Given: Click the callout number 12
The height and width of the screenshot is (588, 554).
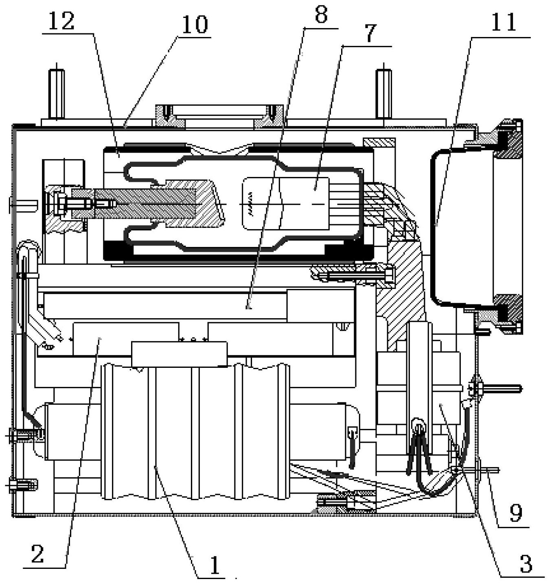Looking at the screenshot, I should point(62,21).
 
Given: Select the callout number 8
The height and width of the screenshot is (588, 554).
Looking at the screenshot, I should point(321,15).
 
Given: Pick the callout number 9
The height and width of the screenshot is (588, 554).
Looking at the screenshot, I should point(515,514).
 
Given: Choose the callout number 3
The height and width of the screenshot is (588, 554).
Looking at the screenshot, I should point(526,564).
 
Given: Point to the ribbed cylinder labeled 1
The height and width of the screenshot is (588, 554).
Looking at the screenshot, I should point(195,431).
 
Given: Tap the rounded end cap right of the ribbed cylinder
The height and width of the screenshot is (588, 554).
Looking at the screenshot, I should point(326,431).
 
